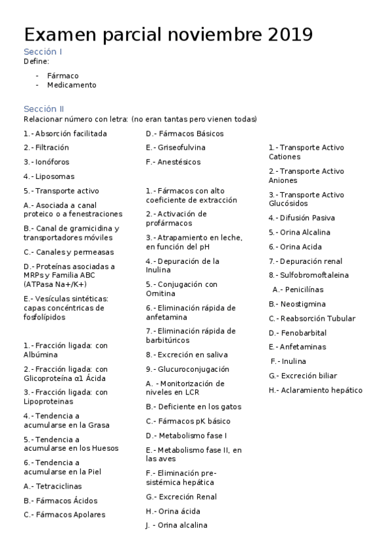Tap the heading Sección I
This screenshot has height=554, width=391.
[43, 52]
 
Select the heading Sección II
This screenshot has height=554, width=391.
[44, 109]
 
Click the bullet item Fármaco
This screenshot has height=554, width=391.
[63, 76]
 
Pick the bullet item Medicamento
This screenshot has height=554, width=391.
[71, 85]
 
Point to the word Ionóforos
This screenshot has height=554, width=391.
[52, 162]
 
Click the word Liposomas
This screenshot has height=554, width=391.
[55, 176]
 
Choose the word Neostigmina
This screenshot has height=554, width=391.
[303, 304]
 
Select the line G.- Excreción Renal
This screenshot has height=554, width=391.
[181, 497]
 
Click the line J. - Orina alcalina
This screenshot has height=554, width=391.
[176, 525]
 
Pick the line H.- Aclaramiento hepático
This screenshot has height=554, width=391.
[315, 390]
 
